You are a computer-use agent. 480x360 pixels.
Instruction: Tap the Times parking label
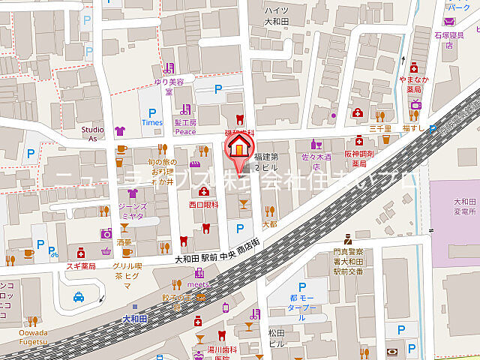tap(151, 122)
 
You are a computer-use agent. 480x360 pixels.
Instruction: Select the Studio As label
tap(94, 133)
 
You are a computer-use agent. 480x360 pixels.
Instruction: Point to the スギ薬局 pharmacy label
tap(82, 265)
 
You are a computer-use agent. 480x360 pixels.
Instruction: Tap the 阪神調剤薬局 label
tap(359, 158)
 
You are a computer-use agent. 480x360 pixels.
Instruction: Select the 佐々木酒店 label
tap(316, 157)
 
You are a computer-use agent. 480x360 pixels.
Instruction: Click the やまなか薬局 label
tap(414, 83)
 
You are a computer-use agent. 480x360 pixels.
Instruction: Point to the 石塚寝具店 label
tap(448, 39)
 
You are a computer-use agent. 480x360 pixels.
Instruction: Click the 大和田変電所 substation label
tap(454, 205)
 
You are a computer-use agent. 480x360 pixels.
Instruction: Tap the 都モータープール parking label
tap(303, 307)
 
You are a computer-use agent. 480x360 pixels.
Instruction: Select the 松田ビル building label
tap(276, 337)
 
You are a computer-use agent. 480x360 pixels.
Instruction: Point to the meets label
tap(197, 285)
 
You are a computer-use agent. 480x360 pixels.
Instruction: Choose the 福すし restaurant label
tap(414, 127)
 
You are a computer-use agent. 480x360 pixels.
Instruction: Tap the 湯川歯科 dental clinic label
tap(222, 349)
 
